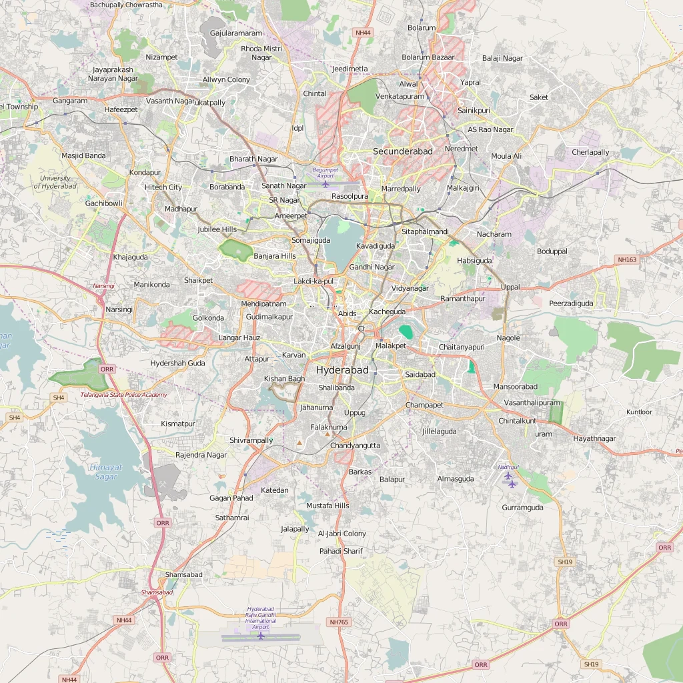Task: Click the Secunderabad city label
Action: [403, 151]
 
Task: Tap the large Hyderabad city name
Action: [342, 370]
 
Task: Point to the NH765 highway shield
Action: [339, 622]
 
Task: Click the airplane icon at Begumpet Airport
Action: [325, 184]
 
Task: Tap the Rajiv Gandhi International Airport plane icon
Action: [260, 636]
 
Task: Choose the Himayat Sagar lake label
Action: [105, 472]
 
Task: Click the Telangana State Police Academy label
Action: [124, 395]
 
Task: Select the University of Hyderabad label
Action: [55, 182]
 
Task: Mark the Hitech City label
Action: [163, 187]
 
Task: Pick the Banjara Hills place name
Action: [275, 256]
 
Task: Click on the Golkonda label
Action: [208, 318]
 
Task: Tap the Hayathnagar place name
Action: [595, 439]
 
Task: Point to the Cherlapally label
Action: [590, 153]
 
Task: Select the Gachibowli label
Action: [103, 203]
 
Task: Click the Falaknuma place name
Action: [329, 428]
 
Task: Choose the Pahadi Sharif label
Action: [341, 551]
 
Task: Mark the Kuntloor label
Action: [639, 412]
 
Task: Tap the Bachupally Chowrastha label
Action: [126, 5]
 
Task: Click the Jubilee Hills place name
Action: [217, 229]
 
